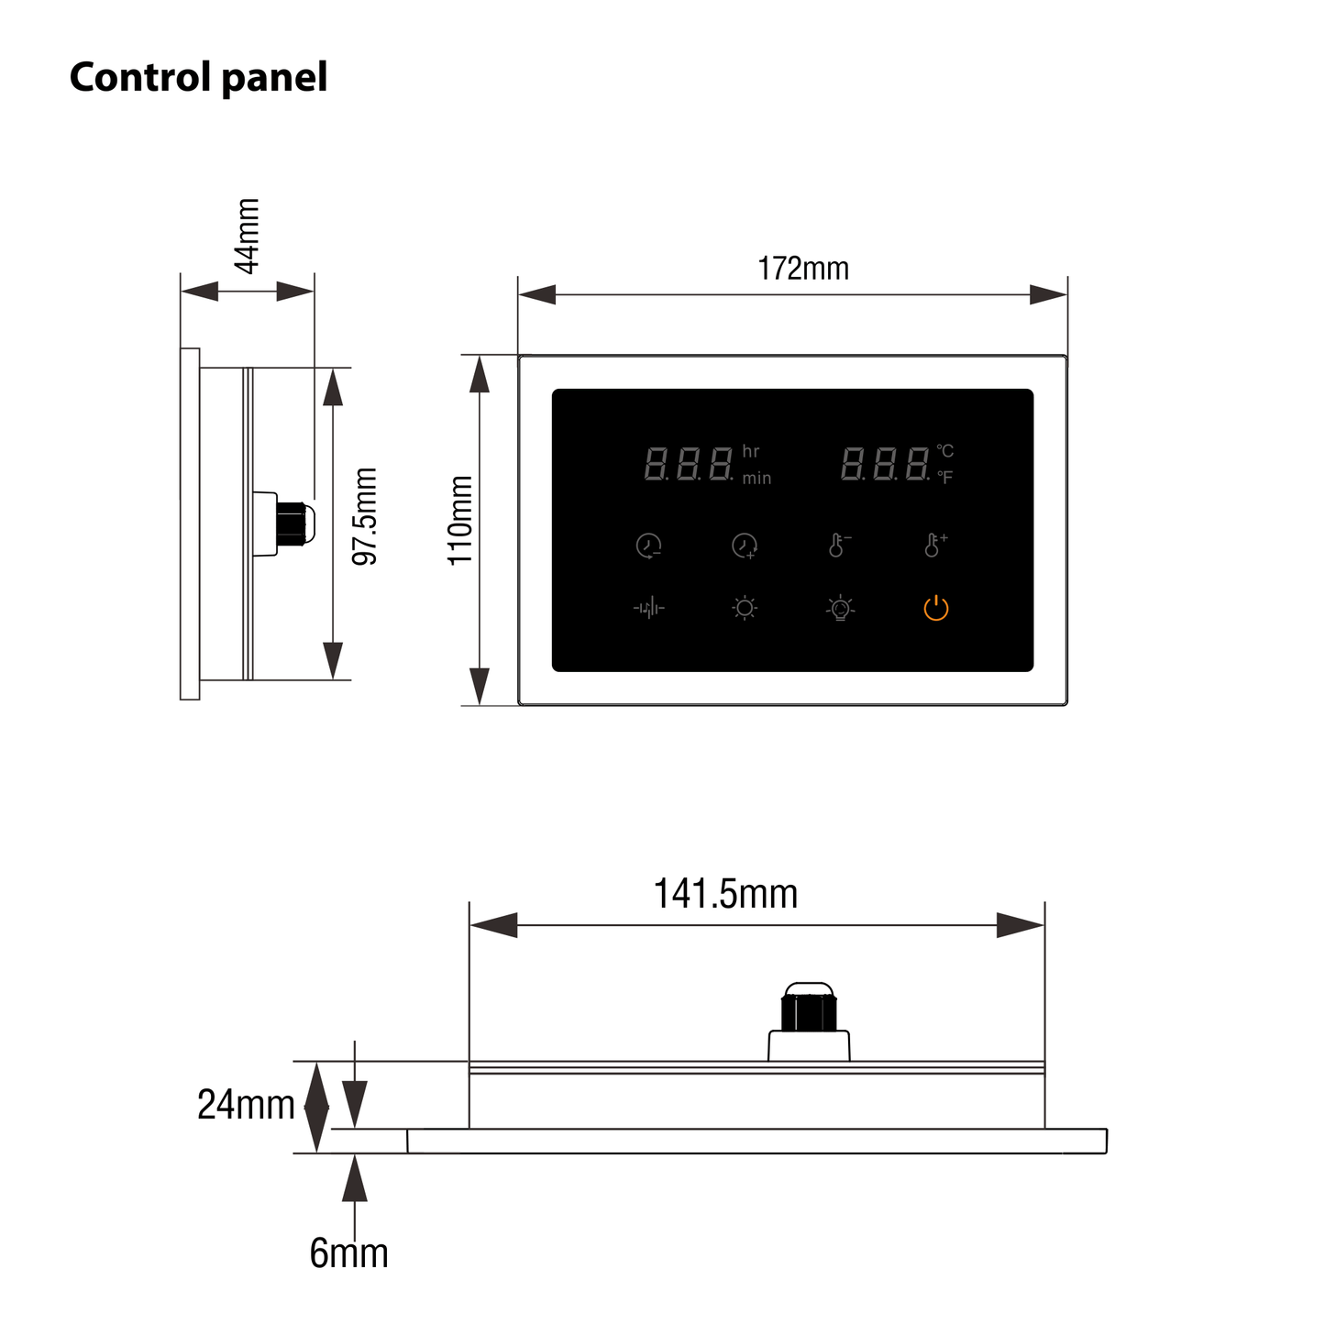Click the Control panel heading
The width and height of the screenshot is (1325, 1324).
pyautogui.click(x=198, y=77)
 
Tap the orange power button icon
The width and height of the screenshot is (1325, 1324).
pyautogui.click(x=935, y=608)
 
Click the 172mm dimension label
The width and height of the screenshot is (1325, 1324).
pyautogui.click(x=802, y=269)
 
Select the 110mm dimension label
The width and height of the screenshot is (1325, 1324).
pyautogui.click(x=459, y=520)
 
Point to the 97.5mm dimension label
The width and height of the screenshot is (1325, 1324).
pyautogui.click(x=365, y=516)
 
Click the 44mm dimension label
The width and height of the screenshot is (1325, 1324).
pyautogui.click(x=248, y=236)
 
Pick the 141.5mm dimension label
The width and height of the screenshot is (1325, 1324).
pyautogui.click(x=724, y=893)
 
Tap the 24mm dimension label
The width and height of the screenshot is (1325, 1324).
pyautogui.click(x=245, y=1105)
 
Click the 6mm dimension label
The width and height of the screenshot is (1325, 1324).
pyautogui.click(x=348, y=1252)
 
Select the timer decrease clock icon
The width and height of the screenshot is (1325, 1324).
pyautogui.click(x=648, y=546)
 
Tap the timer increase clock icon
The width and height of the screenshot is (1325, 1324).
pyautogui.click(x=745, y=546)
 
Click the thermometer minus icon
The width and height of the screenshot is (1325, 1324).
pyautogui.click(x=838, y=545)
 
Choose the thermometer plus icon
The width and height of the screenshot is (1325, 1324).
pyautogui.click(x=934, y=545)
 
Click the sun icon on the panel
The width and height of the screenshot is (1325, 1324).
pyautogui.click(x=745, y=608)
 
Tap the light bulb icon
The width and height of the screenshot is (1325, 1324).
pyautogui.click(x=840, y=608)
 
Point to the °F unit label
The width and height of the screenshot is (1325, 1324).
pyautogui.click(x=944, y=477)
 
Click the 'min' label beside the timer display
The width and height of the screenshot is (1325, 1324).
pyautogui.click(x=756, y=478)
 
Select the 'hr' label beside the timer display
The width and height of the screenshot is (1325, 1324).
pyautogui.click(x=751, y=451)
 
